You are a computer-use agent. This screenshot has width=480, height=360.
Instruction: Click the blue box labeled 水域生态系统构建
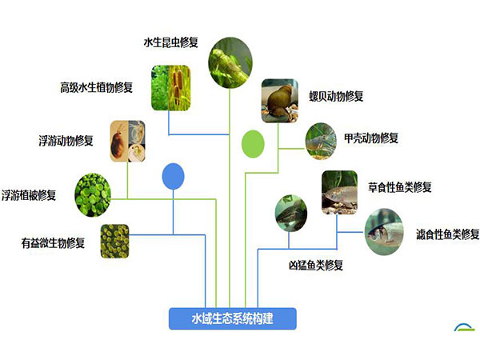point(233,318)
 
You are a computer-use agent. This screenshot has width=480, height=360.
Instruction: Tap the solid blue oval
point(173,176)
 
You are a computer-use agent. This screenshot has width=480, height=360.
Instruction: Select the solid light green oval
point(253,144)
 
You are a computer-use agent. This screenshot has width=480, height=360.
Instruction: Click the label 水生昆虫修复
point(171,42)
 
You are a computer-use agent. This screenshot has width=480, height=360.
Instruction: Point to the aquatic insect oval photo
point(230,62)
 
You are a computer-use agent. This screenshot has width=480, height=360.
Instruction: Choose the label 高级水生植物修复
point(97,87)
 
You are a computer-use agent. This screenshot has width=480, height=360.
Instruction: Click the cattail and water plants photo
point(171,88)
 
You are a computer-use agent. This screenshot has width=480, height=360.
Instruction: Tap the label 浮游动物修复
point(66,141)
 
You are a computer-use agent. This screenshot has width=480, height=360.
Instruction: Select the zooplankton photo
point(128,141)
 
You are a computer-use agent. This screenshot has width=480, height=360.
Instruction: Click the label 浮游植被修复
point(29,195)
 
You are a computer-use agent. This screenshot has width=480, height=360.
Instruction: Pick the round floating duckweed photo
point(93,195)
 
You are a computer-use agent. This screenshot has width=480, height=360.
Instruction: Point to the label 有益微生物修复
point(53,242)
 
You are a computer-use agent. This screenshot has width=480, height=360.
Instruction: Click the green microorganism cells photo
point(114,242)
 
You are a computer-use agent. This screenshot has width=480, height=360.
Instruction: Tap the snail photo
point(279,101)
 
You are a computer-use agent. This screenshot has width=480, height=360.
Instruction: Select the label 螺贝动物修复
point(336,96)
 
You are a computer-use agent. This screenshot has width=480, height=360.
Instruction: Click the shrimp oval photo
point(321,141)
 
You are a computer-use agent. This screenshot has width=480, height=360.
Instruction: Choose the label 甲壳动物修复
point(371,138)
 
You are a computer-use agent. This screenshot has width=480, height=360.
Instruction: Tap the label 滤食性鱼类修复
point(447,234)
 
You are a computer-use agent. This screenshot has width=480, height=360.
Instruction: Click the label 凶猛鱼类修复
point(316,265)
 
